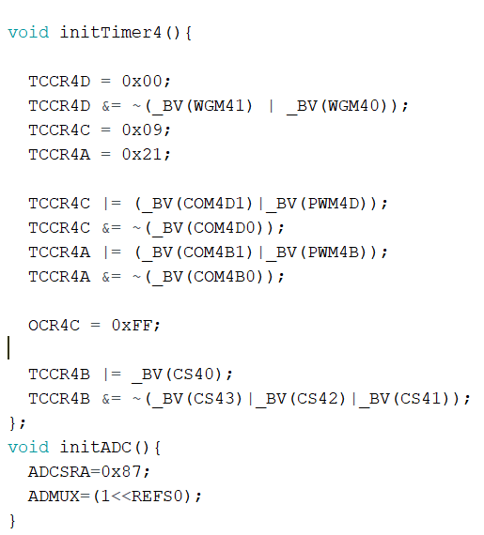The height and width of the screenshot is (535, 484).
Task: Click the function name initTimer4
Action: coord(111,33)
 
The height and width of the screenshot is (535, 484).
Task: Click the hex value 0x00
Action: coord(142,82)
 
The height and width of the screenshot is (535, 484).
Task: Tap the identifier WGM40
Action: coord(354,106)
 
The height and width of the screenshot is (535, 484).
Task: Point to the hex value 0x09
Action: coord(142,130)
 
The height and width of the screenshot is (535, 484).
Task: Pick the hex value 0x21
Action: coord(142,155)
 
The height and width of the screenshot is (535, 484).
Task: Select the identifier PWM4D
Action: coord(334,204)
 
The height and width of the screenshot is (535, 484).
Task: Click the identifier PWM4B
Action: coord(334,252)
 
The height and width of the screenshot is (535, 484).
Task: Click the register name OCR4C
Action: coord(54,326)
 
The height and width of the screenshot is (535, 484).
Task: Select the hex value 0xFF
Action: coord(132,326)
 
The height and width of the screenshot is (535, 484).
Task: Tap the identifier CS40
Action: coord(194,374)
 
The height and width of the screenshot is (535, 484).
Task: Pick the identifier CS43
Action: coord(214,399)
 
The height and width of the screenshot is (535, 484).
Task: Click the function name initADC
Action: coord(96,448)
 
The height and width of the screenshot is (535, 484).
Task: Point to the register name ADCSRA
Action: coord(59,472)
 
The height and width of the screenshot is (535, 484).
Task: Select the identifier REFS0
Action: coord(158,497)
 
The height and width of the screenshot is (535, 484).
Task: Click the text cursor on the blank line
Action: coord(8,347)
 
